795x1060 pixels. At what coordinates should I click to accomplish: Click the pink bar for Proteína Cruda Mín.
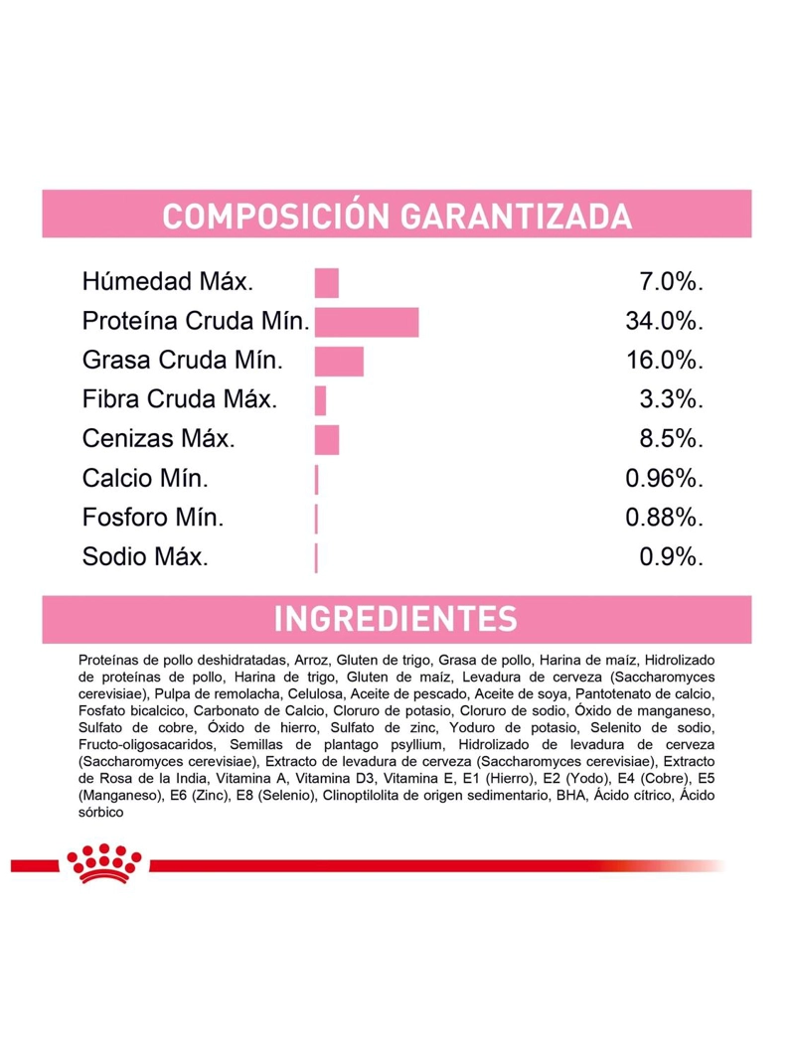pyautogui.click(x=367, y=322)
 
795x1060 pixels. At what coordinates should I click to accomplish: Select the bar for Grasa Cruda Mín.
pyautogui.click(x=339, y=361)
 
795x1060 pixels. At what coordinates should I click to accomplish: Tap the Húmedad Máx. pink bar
pyautogui.click(x=327, y=282)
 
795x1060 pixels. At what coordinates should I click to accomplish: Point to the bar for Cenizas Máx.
pyautogui.click(x=327, y=440)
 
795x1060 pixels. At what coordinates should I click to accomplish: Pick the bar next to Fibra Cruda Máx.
pyautogui.click(x=320, y=401)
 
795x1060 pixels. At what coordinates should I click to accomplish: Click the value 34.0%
pyautogui.click(x=664, y=321)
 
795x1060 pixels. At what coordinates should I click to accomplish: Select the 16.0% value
pyautogui.click(x=664, y=361)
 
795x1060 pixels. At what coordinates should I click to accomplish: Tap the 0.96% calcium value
pyautogui.click(x=664, y=479)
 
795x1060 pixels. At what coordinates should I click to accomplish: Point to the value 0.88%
pyautogui.click(x=664, y=518)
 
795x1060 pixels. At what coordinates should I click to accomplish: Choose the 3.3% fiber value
pyautogui.click(x=672, y=399)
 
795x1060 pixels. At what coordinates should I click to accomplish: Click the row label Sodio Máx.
pyautogui.click(x=145, y=557)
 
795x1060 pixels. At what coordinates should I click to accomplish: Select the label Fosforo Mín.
pyautogui.click(x=153, y=518)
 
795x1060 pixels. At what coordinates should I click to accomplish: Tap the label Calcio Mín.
pyautogui.click(x=145, y=479)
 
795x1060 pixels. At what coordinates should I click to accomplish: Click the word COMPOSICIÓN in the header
pyautogui.click(x=276, y=217)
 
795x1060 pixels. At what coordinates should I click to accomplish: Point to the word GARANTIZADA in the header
pyautogui.click(x=516, y=217)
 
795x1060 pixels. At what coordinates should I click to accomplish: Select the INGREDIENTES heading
pyautogui.click(x=396, y=619)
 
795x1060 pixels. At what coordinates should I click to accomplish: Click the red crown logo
pyautogui.click(x=104, y=863)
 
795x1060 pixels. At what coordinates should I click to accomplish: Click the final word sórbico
pyautogui.click(x=100, y=813)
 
